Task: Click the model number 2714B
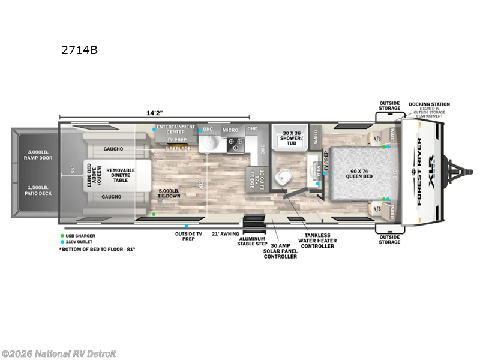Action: [79, 50]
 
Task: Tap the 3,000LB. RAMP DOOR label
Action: [37, 155]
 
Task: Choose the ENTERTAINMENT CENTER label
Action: [175, 130]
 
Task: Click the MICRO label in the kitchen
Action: [230, 130]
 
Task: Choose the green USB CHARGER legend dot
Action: [62, 236]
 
